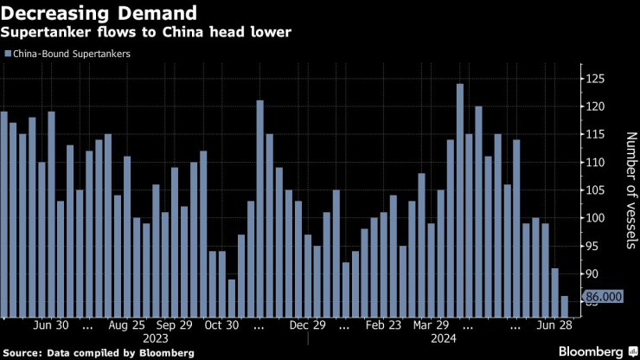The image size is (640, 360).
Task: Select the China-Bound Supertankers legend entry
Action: [74, 54]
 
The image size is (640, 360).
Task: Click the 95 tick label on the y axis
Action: [595, 246]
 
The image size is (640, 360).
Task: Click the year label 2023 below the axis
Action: [156, 338]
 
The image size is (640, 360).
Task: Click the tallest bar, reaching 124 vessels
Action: [460, 199]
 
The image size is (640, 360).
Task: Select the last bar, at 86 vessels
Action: [565, 306]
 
